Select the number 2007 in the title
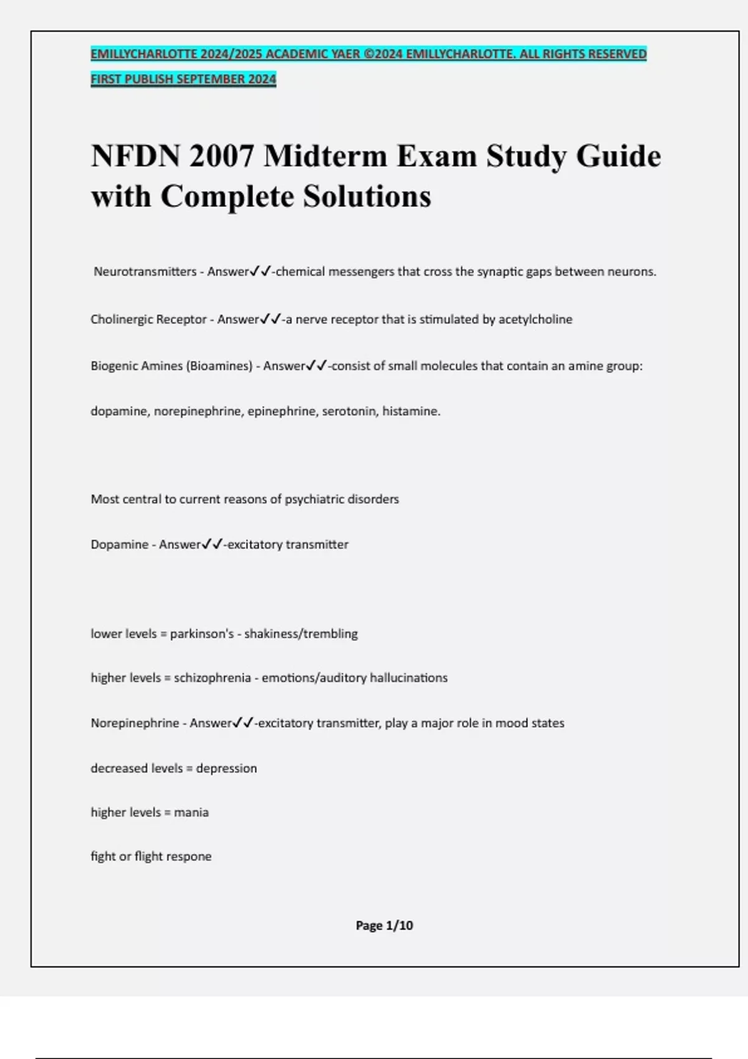[221, 156]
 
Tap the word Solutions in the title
[367, 197]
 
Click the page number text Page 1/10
[384, 926]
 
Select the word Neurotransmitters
[145, 272]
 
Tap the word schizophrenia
[212, 678]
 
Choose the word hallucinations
[408, 678]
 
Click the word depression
[226, 768]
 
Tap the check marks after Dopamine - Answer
[212, 544]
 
